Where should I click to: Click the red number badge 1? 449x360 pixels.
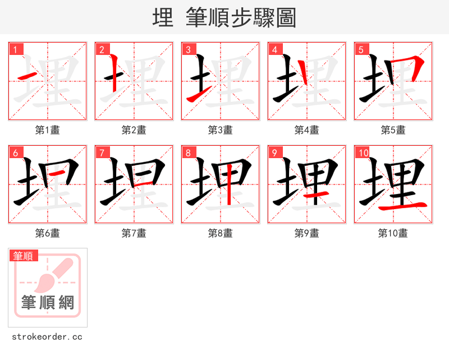pos(15,49)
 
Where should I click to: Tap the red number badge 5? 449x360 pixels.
pos(361,49)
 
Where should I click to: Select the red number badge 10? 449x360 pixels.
pos(363,153)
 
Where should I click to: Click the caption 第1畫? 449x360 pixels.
pos(48,130)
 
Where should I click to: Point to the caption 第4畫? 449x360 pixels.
pos(307,130)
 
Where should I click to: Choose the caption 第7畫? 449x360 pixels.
pos(134,233)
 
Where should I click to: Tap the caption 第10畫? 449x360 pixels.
pos(393,233)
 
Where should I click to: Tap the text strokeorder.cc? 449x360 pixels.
pos(47,337)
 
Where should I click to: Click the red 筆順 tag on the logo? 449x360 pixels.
pos(24,256)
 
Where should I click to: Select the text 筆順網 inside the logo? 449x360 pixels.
pos(48,303)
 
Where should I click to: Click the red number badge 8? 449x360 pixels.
pos(188,153)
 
